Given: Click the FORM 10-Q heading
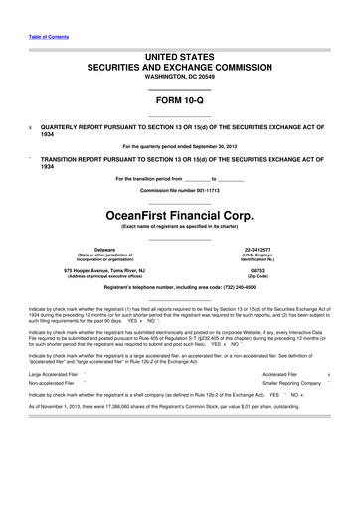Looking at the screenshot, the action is (x=180, y=98).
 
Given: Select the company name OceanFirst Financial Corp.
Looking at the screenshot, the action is (x=180, y=212).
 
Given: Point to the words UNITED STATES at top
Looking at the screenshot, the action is (x=180, y=50).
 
